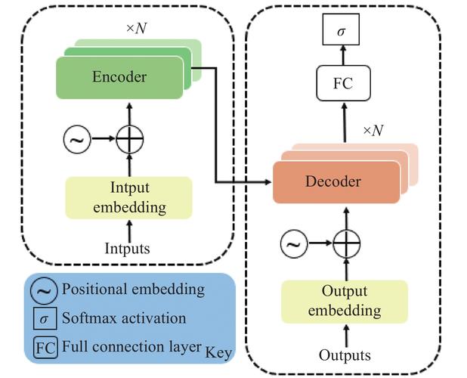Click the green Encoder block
pos(119,77)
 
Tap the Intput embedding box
pos(129,197)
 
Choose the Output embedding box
pos(344,301)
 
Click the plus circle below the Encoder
pos(129,138)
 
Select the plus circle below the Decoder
pos(345,243)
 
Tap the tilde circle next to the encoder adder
pos(78,138)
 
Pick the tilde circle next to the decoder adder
pos(294,243)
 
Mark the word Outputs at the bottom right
pos(345,355)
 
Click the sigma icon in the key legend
pos(43,319)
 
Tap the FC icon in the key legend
pos(43,347)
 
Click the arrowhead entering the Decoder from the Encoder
pos(268,182)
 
